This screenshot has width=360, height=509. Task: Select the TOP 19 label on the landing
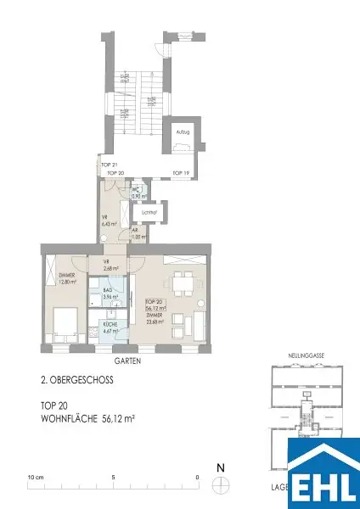click(179, 172)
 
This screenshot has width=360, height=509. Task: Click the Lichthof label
click(163, 212)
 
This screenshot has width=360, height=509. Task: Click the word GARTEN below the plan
click(124, 361)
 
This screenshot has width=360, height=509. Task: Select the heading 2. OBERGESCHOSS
click(77, 380)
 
